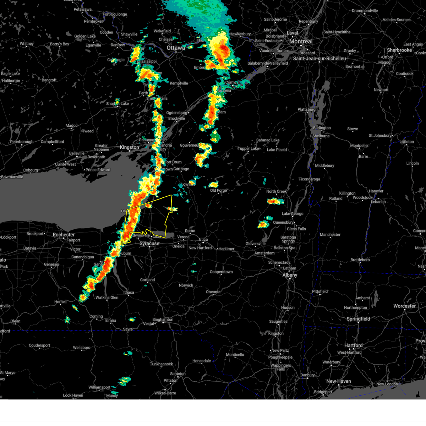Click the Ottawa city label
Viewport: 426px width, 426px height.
(x=176, y=48)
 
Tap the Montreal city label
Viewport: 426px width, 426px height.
(x=301, y=42)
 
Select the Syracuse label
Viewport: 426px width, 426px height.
(x=149, y=244)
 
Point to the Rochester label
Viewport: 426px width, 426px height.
(x=64, y=235)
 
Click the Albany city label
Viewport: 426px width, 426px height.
(x=290, y=275)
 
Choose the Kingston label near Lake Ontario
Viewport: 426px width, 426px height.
(x=129, y=147)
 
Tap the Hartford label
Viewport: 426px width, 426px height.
(x=353, y=345)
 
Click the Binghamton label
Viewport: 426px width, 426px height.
(x=163, y=319)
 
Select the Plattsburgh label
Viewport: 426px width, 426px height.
(x=307, y=109)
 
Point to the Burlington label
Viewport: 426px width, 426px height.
(x=322, y=128)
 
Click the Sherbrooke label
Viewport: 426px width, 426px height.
(x=399, y=50)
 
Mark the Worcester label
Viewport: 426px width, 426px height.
(x=404, y=306)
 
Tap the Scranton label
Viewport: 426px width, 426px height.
(x=177, y=373)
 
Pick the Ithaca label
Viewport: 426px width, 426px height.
(x=129, y=293)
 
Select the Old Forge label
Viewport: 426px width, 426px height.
(x=218, y=191)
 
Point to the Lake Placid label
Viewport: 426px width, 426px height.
(x=277, y=150)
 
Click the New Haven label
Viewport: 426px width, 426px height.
(x=338, y=381)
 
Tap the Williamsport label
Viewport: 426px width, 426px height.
(x=99, y=387)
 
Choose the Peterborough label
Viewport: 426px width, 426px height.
(x=22, y=142)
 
